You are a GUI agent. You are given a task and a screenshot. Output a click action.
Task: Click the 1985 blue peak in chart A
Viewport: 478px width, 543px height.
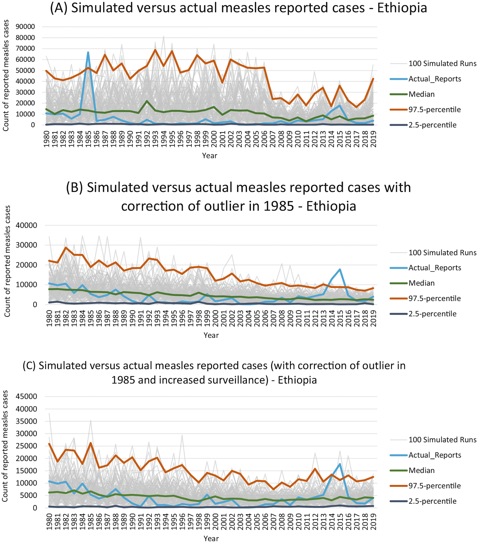[88, 52]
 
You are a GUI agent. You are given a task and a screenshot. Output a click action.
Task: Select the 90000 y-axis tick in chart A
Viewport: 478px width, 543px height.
[25, 27]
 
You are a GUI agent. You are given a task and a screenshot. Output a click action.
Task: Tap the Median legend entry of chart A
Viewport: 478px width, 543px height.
[421, 94]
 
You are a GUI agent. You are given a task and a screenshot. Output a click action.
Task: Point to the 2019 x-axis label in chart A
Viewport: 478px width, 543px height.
[373, 139]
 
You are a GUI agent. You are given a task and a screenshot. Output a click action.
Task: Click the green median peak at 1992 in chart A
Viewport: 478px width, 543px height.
[147, 101]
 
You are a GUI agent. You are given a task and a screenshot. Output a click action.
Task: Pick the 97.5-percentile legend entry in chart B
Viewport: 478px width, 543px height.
[434, 298]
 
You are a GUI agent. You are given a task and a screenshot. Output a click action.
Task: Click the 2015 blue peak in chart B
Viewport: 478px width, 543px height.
[340, 269]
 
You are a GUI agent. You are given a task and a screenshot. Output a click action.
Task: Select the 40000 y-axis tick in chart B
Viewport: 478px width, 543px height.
[26, 225]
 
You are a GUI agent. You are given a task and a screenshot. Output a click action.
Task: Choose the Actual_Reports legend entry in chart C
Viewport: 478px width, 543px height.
[435, 455]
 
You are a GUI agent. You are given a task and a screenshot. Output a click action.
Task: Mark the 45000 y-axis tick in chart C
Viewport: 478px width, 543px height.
[26, 396]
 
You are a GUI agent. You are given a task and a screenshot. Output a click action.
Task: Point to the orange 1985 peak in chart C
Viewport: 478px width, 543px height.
[91, 443]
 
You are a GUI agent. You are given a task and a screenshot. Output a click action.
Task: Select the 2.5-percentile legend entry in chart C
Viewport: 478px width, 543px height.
[432, 501]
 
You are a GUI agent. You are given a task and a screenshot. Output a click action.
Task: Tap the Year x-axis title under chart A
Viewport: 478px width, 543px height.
[209, 156]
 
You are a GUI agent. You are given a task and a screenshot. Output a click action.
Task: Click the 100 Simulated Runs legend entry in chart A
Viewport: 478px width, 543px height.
[442, 63]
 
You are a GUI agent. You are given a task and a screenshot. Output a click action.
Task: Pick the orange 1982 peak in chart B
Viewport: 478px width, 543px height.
[66, 247]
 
